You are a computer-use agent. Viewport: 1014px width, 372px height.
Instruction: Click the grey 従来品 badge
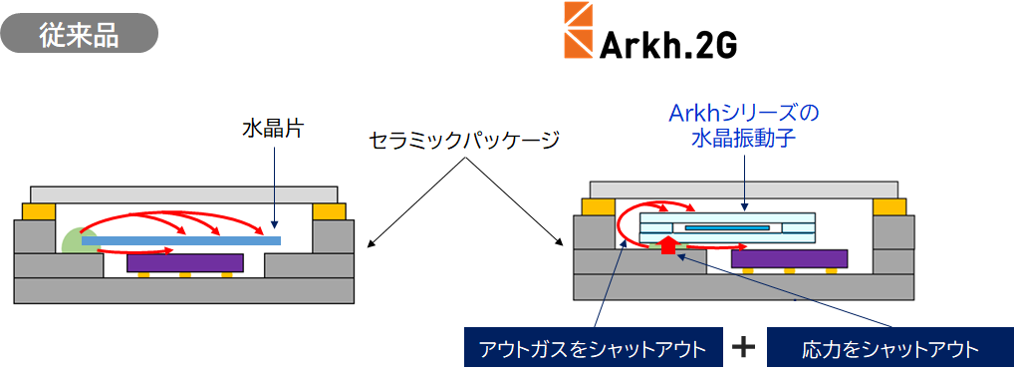(x=79, y=33)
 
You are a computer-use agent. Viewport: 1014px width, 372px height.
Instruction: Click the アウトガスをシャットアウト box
(x=593, y=348)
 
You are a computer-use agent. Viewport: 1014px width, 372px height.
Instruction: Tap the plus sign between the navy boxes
(x=744, y=347)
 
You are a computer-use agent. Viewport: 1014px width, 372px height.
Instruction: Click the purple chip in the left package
(x=185, y=262)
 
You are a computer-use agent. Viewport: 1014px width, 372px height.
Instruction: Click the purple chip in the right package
(x=790, y=257)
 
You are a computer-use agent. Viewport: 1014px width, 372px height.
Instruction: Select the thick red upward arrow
(x=668, y=243)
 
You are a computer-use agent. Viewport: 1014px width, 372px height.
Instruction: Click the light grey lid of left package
(x=185, y=193)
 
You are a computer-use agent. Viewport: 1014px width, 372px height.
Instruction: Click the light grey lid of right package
(x=744, y=189)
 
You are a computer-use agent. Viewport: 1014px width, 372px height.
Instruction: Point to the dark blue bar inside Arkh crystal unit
(x=727, y=227)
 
